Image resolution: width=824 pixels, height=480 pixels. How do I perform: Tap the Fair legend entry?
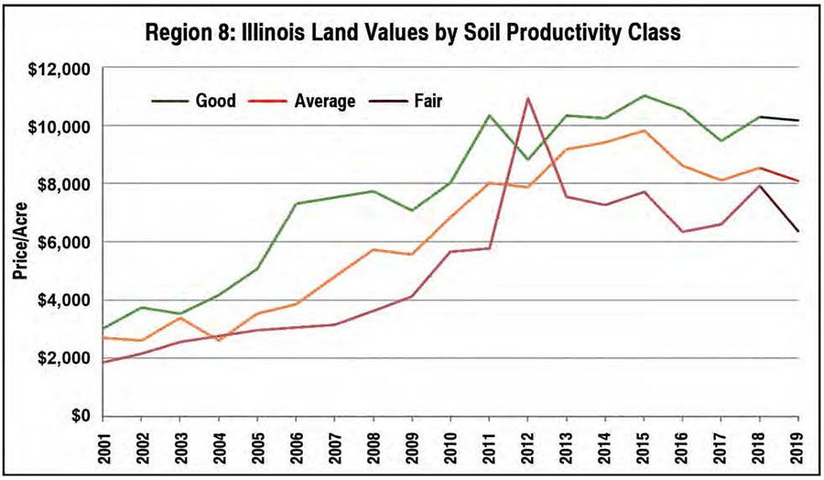(426, 101)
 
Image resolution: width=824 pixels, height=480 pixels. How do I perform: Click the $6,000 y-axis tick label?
(65, 242)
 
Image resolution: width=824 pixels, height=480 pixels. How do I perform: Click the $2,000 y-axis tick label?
(65, 358)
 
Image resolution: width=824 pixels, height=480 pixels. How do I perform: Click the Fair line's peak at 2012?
(527, 98)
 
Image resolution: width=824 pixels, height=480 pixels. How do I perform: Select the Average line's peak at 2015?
(644, 130)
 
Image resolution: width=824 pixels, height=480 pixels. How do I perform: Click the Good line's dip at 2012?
(527, 159)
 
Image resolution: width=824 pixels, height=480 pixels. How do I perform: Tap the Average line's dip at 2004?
(218, 340)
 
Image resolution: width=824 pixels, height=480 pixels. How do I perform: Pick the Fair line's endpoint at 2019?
(798, 231)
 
